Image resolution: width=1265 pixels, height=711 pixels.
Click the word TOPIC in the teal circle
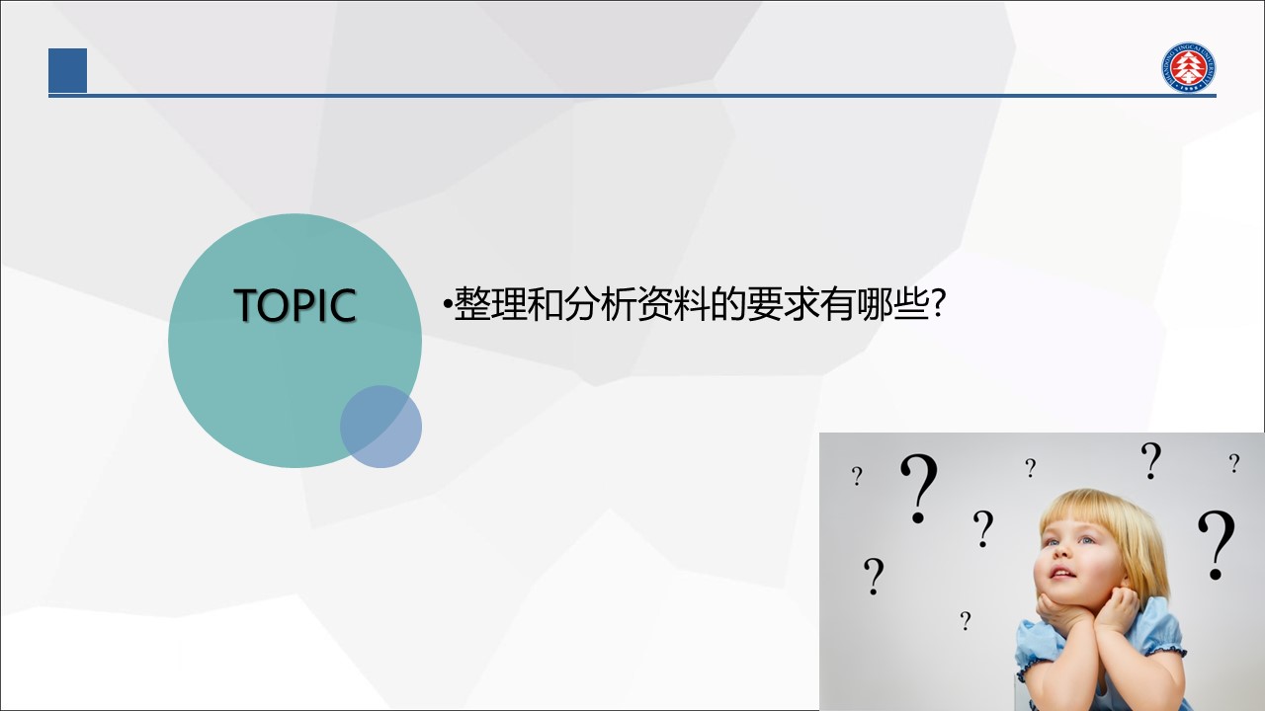tap(295, 305)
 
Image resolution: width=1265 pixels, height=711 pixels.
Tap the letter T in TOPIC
tap(246, 305)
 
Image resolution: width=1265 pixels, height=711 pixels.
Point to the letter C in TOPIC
tap(343, 305)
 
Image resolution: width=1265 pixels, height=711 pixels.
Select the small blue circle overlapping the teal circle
tap(380, 427)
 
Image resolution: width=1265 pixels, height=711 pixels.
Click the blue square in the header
tap(68, 70)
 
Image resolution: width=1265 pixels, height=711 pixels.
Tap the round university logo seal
tap(1189, 67)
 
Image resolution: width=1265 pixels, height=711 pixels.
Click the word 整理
tap(490, 304)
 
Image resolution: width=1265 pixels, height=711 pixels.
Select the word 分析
tap(599, 304)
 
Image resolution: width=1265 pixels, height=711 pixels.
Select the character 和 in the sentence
tap(545, 304)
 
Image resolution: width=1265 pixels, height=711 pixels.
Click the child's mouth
tap(1062, 574)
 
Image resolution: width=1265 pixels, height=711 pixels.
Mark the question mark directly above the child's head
tap(1150, 460)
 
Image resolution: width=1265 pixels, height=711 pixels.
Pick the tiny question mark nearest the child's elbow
tap(966, 621)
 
